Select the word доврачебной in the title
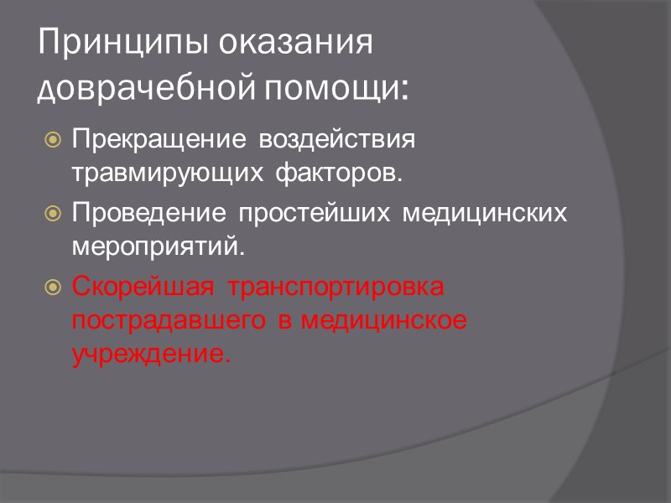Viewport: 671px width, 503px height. pos(143,87)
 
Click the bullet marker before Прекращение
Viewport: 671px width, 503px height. pos(53,138)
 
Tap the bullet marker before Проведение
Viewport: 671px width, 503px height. pos(53,213)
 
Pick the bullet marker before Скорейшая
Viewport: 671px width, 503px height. pos(53,287)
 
